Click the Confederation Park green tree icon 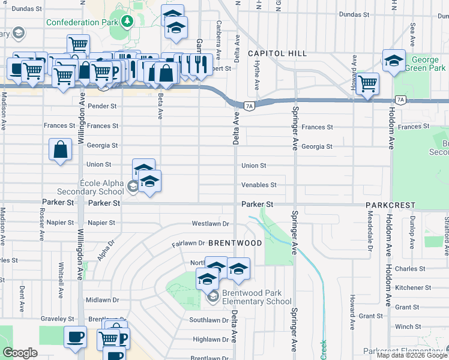point(127,22)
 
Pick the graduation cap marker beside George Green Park point(394,60)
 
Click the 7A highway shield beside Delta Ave point(250,106)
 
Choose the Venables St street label point(259,185)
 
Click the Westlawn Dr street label point(211,224)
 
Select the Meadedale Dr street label point(370,232)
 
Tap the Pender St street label point(101,106)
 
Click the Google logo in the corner point(20,353)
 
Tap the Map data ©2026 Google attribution point(411,355)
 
